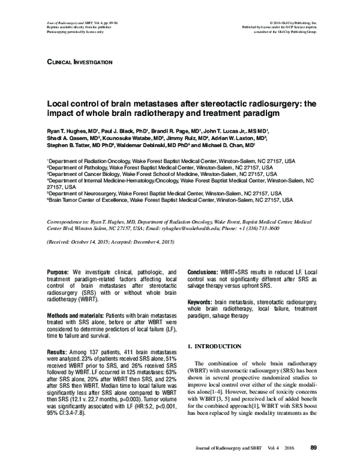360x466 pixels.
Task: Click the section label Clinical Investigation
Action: point(79,62)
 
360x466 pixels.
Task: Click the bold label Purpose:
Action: point(59,271)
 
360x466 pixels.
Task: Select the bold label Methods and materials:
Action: point(75,316)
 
